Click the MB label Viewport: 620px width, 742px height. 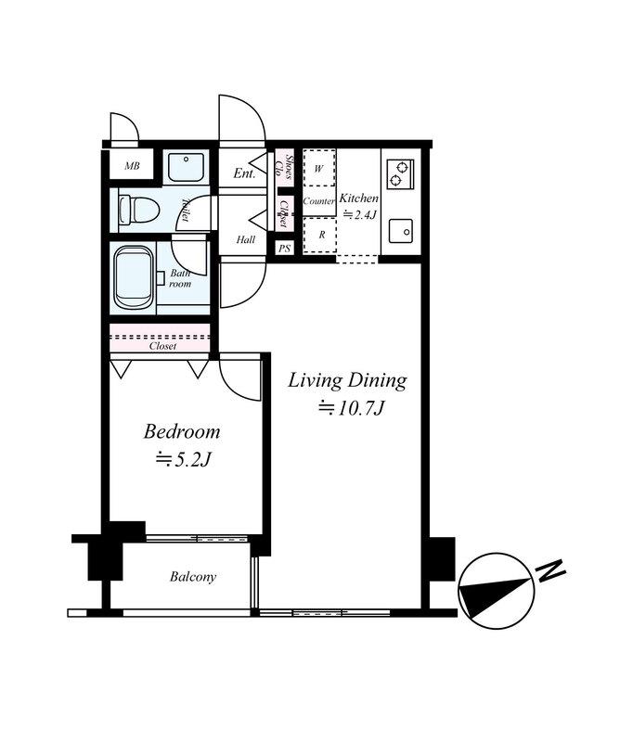pos(132,166)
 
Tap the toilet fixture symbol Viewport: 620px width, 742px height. pos(138,211)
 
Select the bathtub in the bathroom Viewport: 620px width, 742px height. pos(133,278)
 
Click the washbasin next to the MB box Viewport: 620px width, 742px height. pos(187,166)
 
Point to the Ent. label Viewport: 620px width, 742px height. pos(244,173)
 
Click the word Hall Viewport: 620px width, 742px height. pos(246,239)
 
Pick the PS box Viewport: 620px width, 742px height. pos(284,248)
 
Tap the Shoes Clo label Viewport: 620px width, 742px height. pos(284,168)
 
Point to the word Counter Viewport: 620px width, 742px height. pos(318,201)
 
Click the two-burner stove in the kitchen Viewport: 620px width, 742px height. pos(400,173)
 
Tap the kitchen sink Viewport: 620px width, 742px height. pos(401,231)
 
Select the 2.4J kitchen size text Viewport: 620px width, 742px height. pos(359,215)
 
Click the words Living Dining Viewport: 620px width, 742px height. pos(347,381)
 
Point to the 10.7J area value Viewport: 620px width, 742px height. pos(351,408)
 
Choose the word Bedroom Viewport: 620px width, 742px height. pos(182,431)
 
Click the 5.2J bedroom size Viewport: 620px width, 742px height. pos(183,459)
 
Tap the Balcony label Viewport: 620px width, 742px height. pos(193,577)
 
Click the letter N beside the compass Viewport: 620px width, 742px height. pos(549,570)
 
